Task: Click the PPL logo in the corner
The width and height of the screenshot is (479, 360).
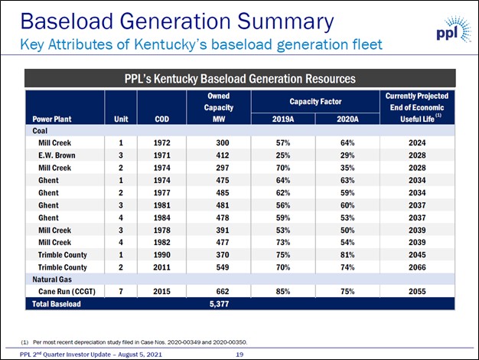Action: pyautogui.click(x=453, y=29)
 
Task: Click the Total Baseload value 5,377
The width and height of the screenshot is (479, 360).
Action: pyautogui.click(x=219, y=304)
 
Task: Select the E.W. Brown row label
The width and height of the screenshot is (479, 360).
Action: pyautogui.click(x=57, y=155)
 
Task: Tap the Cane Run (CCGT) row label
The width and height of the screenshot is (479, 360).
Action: pyautogui.click(x=67, y=292)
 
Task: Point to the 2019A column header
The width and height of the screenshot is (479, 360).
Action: pyautogui.click(x=283, y=119)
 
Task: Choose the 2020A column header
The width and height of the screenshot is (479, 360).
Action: pyautogui.click(x=347, y=119)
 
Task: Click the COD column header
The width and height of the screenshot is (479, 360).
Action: pyautogui.click(x=162, y=119)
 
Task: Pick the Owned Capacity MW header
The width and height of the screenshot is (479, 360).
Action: pyautogui.click(x=219, y=107)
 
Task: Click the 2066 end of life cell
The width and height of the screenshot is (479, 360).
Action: pyautogui.click(x=417, y=267)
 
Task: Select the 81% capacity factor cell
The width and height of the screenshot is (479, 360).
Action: pyautogui.click(x=347, y=255)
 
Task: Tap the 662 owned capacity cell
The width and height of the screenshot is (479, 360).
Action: pyautogui.click(x=223, y=292)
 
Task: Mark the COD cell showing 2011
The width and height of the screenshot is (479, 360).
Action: pyautogui.click(x=162, y=267)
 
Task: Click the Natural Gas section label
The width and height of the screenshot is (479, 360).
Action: pyautogui.click(x=52, y=280)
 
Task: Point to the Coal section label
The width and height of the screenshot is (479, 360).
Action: pyautogui.click(x=40, y=131)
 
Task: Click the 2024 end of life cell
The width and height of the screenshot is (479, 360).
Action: pyautogui.click(x=417, y=142)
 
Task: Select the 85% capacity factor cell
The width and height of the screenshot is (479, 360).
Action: pyautogui.click(x=283, y=292)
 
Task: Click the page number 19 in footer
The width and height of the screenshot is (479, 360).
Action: pyautogui.click(x=239, y=355)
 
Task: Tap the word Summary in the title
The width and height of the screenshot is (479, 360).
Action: pyautogui.click(x=285, y=22)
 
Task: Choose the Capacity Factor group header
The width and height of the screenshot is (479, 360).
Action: pyautogui.click(x=315, y=102)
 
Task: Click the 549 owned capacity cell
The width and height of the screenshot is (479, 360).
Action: pyautogui.click(x=223, y=267)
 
